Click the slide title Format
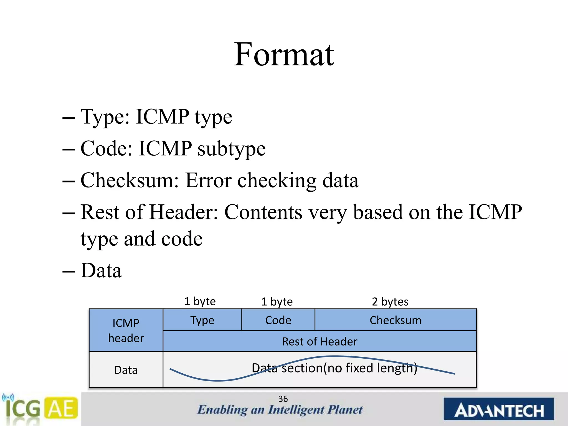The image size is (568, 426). coord(284,54)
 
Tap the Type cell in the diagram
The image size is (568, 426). coord(202,320)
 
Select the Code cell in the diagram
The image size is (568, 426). coord(278,320)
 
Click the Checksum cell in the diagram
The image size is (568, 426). coord(395,320)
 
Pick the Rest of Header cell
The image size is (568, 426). coord(319,341)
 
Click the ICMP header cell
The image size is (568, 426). coord(126,330)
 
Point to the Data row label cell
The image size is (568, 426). coord(126,370)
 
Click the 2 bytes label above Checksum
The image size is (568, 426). coord(390,301)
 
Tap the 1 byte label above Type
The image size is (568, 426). coord(200,301)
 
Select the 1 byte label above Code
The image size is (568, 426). coord(277,301)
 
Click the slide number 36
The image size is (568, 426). coord(283,399)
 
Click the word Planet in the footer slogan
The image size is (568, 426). coord(345,410)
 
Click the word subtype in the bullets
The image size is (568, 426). coord(232,149)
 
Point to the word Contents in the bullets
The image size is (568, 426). coord(263,212)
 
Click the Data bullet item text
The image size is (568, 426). coord(101,270)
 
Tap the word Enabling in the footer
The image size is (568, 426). coord(222,410)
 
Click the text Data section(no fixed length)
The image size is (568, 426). coord(334,368)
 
